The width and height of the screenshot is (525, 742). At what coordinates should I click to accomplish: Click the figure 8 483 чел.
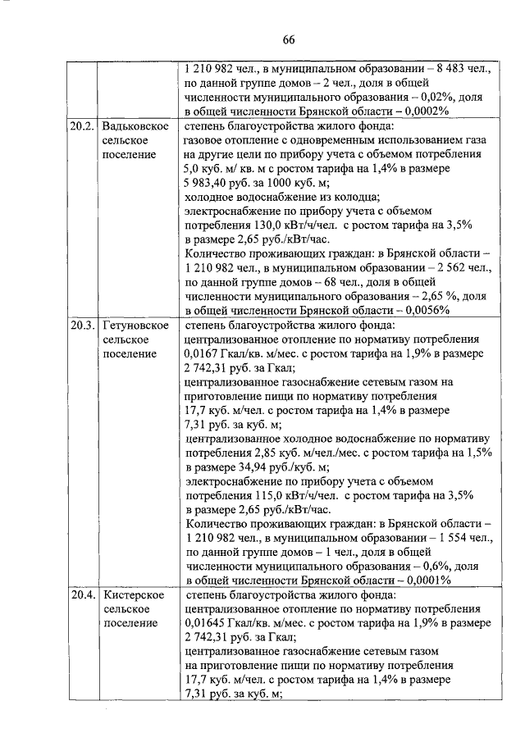coord(448,70)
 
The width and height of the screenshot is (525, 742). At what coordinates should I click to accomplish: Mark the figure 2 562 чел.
coord(449,268)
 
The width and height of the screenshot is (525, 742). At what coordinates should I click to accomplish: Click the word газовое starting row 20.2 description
coord(207,140)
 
